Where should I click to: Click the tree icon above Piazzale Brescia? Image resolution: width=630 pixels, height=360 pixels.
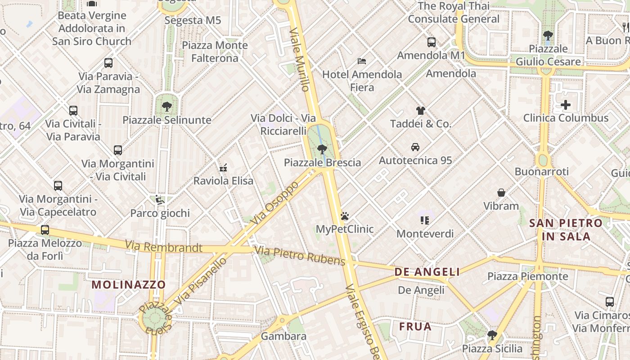coord(322,149)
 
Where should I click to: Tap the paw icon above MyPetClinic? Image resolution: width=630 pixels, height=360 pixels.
coord(345,216)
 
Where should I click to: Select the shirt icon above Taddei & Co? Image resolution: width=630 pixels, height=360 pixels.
coord(421,111)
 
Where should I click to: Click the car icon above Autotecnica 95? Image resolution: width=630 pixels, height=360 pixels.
coord(415,147)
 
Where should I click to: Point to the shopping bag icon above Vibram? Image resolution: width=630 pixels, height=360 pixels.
coord(501,193)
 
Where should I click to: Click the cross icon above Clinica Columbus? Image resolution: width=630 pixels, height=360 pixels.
coord(565,105)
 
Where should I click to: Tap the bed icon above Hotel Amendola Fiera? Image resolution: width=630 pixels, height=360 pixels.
coord(362,61)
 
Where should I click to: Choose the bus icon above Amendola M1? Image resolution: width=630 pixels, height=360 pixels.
coord(431,42)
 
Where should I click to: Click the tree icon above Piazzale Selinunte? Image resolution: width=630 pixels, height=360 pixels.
coord(167,107)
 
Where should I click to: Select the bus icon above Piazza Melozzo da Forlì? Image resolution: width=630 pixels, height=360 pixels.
coord(45,230)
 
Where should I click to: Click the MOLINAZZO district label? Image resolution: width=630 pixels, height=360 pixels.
coord(129,284)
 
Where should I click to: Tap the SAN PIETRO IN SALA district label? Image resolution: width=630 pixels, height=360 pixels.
coord(566,229)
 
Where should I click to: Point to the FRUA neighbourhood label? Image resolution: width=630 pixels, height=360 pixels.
coord(415,326)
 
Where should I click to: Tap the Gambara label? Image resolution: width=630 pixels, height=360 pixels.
coord(283,336)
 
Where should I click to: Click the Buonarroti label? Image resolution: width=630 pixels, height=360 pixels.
coord(541,171)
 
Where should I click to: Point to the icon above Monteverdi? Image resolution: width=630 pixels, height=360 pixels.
coord(425,220)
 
